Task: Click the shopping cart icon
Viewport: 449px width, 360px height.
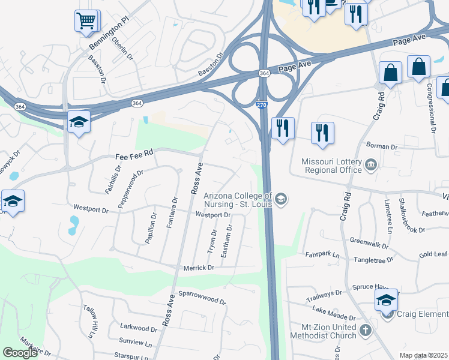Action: pos(86,21)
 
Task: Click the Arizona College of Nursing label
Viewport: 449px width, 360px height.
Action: pos(238,200)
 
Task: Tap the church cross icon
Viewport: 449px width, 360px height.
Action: pos(366,329)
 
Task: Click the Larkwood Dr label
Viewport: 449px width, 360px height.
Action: pos(138,328)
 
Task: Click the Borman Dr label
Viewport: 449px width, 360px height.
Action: pos(382,146)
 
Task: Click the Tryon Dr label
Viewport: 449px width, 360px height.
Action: pos(212,241)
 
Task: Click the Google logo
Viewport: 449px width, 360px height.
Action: pos(20,353)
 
